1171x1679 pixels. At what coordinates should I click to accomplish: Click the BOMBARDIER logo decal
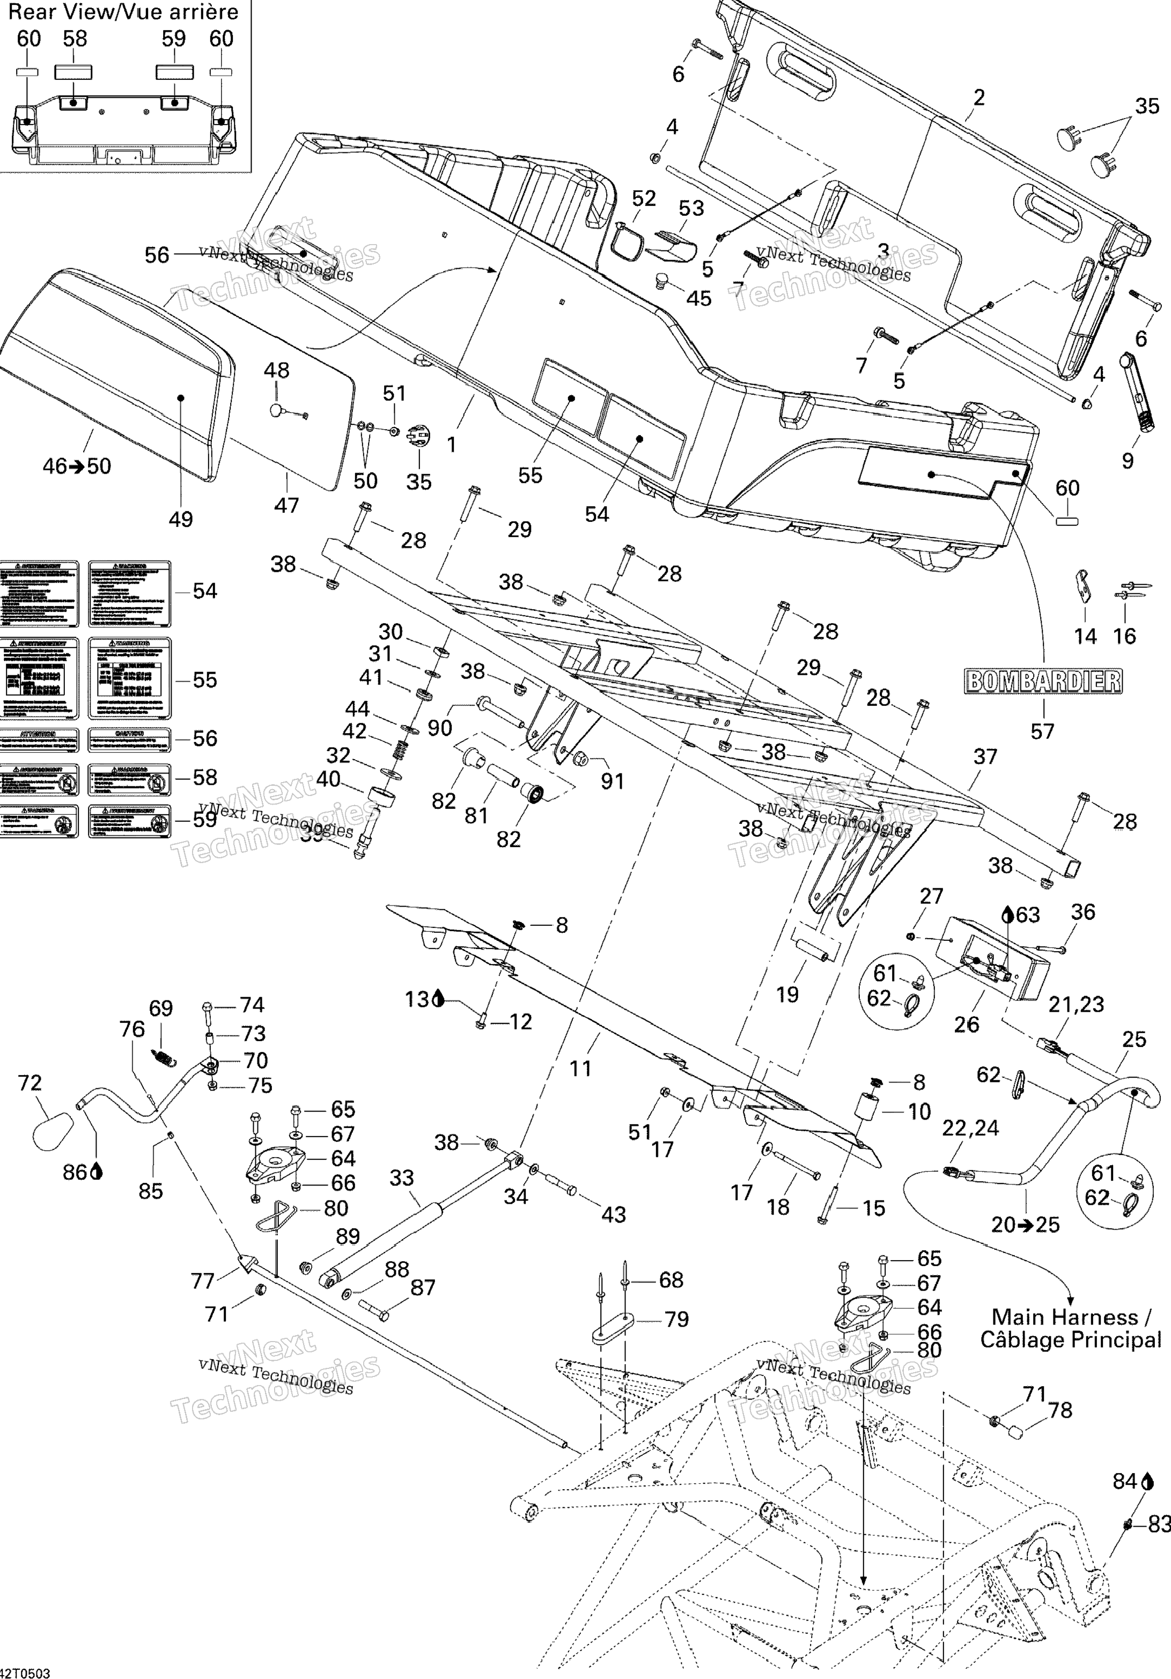[1043, 682]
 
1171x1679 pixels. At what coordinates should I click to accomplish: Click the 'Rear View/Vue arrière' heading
[123, 12]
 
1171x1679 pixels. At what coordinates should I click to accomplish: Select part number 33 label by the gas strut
[402, 1177]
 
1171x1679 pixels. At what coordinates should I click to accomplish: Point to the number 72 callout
[30, 1082]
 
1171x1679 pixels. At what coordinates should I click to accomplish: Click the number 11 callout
[580, 1069]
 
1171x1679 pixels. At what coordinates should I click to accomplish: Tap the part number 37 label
[985, 756]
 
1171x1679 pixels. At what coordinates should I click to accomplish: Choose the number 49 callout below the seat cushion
[181, 519]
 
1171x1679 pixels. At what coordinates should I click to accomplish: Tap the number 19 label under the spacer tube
[787, 994]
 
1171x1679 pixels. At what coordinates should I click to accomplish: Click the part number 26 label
[966, 1025]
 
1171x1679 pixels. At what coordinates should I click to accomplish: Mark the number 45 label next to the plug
[698, 298]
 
